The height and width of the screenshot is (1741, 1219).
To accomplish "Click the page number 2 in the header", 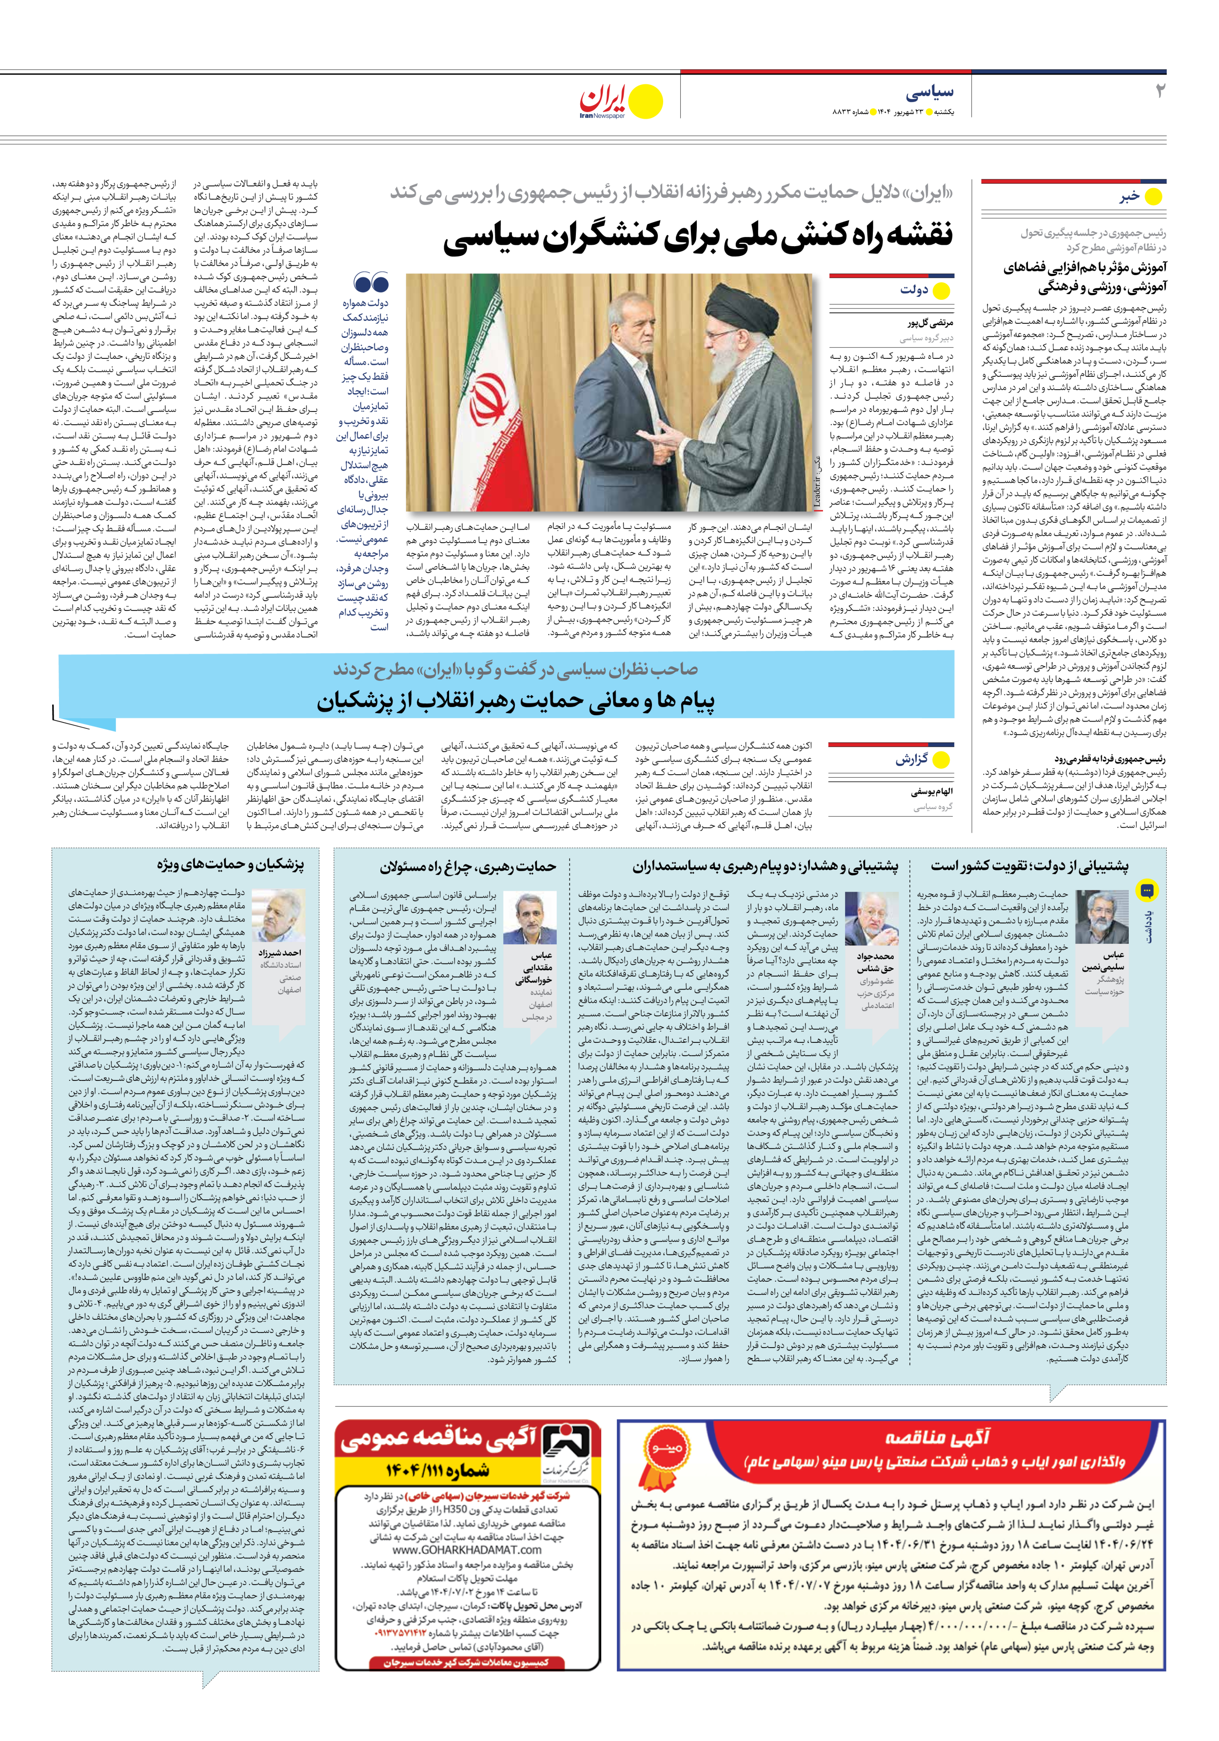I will point(1159,91).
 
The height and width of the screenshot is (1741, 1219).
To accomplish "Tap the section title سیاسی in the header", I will point(929,93).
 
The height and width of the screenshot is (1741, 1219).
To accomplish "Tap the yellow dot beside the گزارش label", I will point(942,759).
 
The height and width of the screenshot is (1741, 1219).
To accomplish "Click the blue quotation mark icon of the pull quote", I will point(371,284).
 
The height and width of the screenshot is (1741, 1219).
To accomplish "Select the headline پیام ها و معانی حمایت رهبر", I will point(516,701).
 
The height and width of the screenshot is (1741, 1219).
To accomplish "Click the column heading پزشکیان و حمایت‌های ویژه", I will point(231,864).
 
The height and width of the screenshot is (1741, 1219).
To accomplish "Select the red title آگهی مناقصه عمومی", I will point(440,1438).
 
